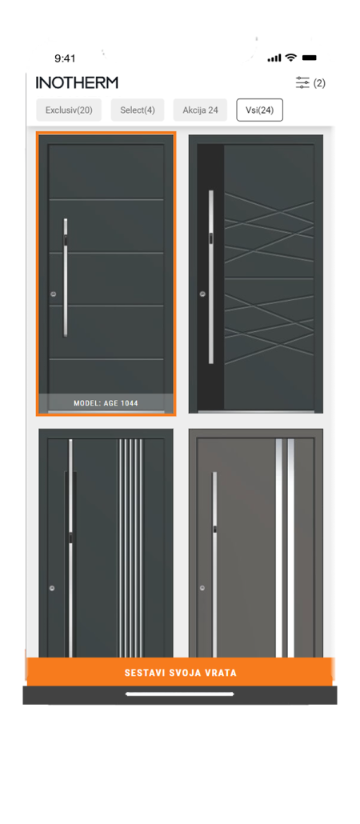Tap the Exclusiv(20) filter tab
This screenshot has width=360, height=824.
pos(69,110)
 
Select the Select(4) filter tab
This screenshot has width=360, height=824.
pos(138,110)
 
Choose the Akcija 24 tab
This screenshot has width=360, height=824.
pos(200,110)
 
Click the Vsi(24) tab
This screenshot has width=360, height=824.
pos(259,110)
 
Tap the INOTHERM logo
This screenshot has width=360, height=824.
pos(77,82)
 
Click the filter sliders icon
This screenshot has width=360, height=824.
pos(302,82)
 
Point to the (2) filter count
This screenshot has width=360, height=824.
pos(319,83)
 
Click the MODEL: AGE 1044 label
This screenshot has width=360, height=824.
pos(106,403)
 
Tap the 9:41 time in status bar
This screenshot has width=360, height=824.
pos(65,58)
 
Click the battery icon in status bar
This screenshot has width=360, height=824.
pos(310,58)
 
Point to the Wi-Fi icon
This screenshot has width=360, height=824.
pos(290,58)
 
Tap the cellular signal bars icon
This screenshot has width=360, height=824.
pos(274,58)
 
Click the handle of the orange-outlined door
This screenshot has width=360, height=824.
pos(66,276)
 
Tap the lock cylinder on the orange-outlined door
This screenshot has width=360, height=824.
pos(53,294)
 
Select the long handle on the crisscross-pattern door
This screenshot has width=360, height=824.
pos(211,276)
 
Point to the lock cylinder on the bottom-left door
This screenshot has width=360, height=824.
pos(52,589)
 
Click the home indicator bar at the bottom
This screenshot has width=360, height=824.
pos(180,694)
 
